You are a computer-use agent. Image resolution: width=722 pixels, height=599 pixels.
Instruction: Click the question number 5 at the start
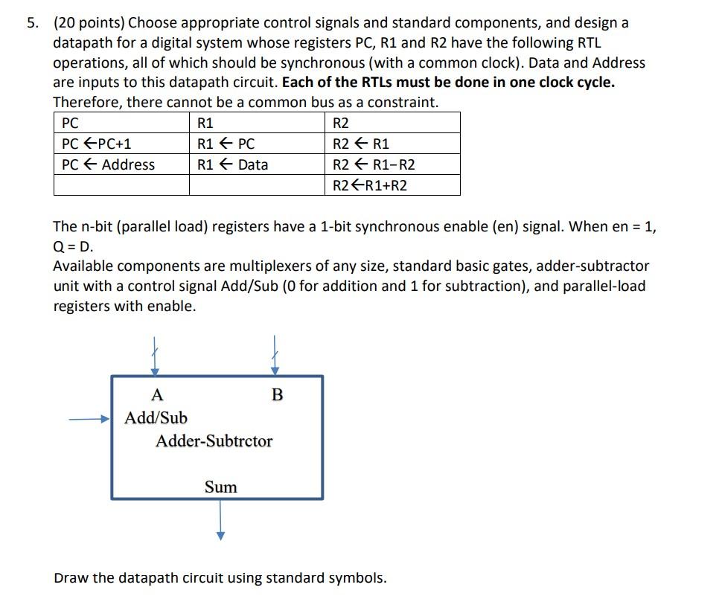click(x=31, y=23)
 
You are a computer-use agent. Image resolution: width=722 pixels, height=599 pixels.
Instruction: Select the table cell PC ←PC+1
click(x=97, y=144)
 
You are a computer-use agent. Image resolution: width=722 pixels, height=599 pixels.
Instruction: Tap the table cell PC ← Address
click(x=109, y=164)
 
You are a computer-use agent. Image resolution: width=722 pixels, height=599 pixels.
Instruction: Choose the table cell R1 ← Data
click(x=232, y=164)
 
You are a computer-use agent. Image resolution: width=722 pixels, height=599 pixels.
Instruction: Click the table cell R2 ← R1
click(x=361, y=144)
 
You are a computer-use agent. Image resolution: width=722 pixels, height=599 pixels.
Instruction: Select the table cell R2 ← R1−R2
click(x=374, y=164)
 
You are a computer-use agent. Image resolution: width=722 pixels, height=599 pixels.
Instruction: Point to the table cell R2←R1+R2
click(x=370, y=185)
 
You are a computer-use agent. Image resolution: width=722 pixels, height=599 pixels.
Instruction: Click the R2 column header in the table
click(x=342, y=123)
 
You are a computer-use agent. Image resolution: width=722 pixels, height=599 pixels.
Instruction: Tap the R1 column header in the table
click(x=205, y=123)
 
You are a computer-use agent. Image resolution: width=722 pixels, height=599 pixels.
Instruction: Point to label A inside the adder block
click(x=156, y=394)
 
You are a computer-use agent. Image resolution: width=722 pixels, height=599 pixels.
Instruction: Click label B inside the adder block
click(x=278, y=394)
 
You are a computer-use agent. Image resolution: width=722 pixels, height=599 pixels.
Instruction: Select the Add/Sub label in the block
click(x=156, y=417)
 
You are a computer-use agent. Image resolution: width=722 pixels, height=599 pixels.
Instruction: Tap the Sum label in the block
click(x=221, y=487)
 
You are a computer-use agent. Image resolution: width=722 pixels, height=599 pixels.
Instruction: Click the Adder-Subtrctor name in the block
click(x=214, y=441)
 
